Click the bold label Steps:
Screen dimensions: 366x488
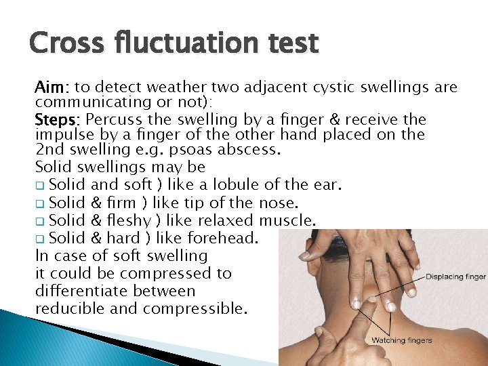tap(58, 120)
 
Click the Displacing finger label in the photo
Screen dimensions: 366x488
tap(456, 277)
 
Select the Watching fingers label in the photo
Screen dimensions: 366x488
tap(401, 340)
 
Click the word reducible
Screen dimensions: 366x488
tap(66, 309)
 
